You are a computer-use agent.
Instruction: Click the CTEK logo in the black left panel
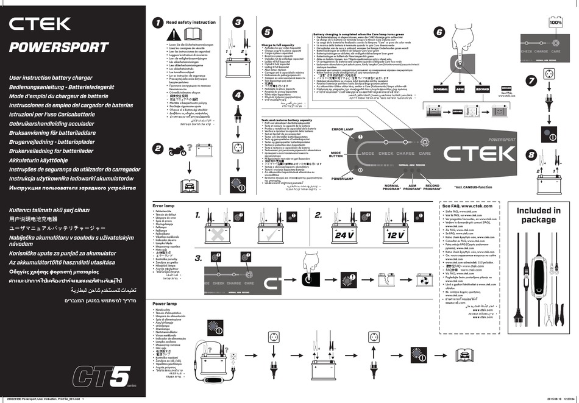coord(40,24)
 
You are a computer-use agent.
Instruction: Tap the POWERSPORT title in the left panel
coord(59,48)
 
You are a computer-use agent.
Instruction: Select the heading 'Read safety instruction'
coord(191,23)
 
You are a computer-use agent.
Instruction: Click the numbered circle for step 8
coord(531,154)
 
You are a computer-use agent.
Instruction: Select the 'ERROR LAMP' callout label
coord(342,130)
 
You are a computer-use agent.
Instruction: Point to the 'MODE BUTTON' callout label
coord(336,155)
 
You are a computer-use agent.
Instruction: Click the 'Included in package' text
coord(538,215)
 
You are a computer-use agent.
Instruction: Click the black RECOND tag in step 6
coord(482,89)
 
